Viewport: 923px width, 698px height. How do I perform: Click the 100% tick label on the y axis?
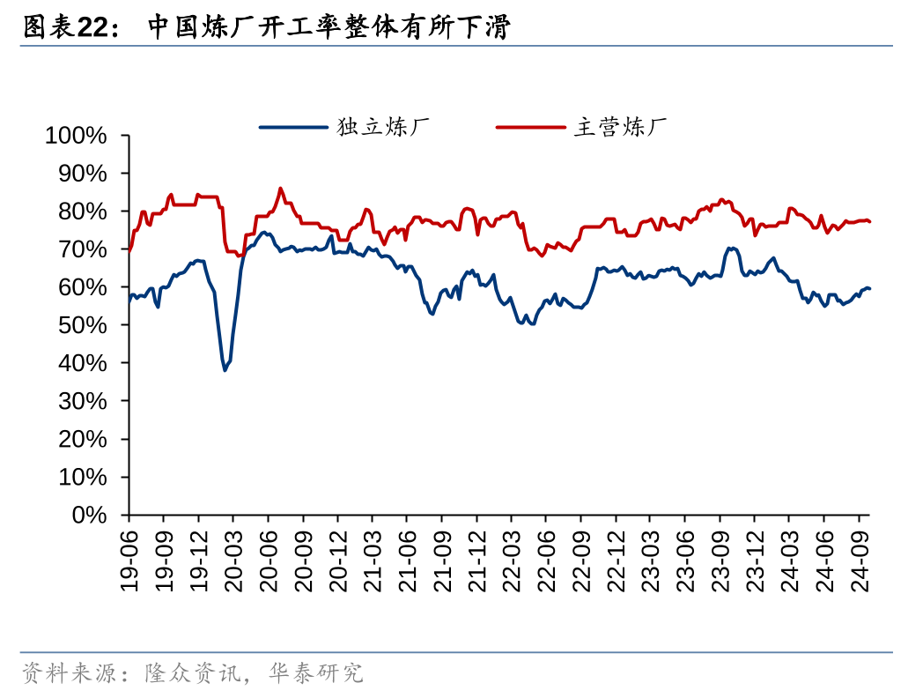(x=76, y=136)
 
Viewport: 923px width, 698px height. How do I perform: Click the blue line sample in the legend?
(x=293, y=127)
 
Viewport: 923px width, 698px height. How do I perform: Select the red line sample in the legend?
(x=531, y=127)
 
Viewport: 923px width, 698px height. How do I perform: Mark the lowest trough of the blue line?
(x=225, y=370)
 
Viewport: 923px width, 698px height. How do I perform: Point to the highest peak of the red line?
(x=281, y=188)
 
